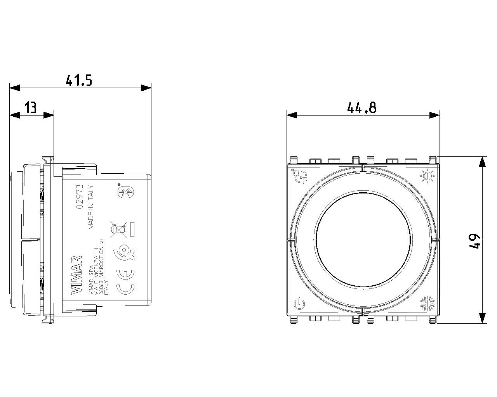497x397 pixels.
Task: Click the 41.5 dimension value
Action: (79, 80)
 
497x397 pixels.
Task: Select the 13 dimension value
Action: (31, 107)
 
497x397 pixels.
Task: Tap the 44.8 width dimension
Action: (362, 107)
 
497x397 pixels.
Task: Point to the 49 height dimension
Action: (474, 241)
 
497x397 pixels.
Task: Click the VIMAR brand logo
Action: (76, 275)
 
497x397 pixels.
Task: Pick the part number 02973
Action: (80, 197)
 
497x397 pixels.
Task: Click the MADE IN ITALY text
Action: (91, 207)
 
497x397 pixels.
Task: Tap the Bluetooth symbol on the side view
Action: (126, 192)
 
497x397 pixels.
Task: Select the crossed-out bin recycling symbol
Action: (118, 229)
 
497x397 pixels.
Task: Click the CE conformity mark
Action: (125, 282)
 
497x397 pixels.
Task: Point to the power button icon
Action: (299, 304)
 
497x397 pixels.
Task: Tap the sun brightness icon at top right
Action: (427, 176)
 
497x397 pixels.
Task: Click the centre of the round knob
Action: (363, 240)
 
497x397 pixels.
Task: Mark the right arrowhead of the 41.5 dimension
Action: (146, 88)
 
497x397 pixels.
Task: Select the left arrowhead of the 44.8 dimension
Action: (292, 115)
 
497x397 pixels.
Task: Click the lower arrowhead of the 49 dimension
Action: (482, 318)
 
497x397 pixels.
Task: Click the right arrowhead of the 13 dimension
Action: (49, 115)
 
